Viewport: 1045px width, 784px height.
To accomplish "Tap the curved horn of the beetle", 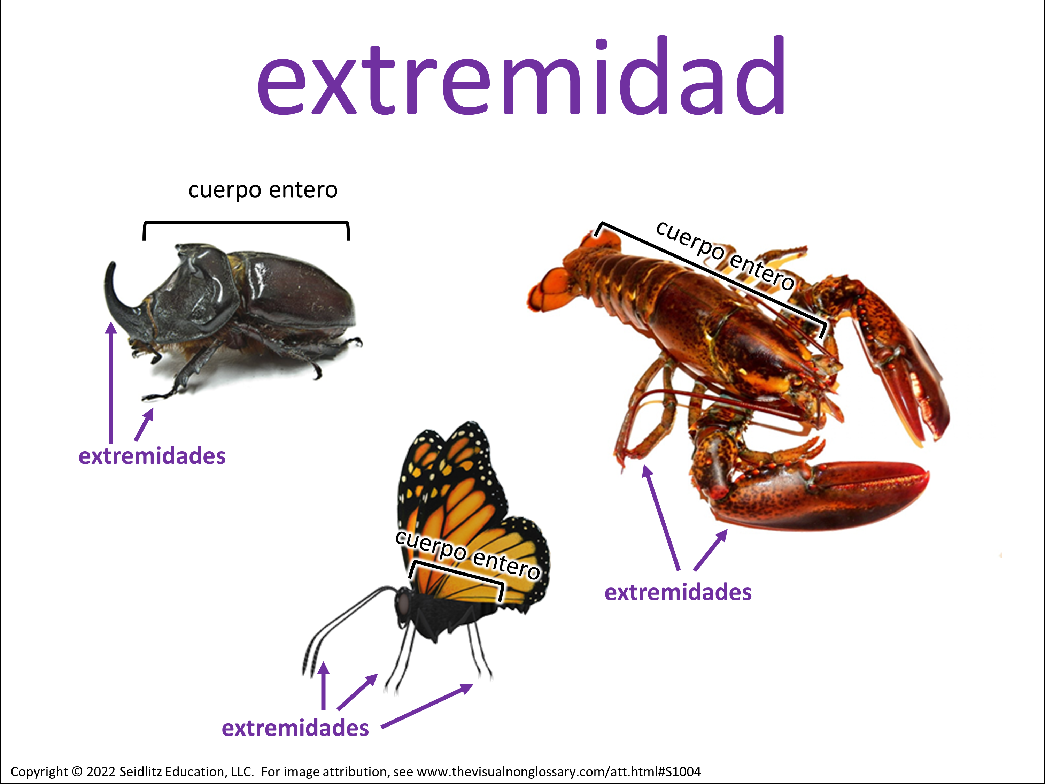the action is pyautogui.click(x=116, y=298).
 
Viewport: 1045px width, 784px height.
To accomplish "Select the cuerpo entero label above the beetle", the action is pyautogui.click(x=263, y=190).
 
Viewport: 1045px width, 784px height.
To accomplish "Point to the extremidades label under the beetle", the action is pyautogui.click(x=152, y=456).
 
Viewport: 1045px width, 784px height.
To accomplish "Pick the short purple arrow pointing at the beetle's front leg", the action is pyautogui.click(x=145, y=424).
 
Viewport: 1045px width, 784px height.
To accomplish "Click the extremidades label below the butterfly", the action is pyautogui.click(x=295, y=728).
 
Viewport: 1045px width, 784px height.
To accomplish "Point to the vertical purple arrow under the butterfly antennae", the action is pyautogui.click(x=323, y=685).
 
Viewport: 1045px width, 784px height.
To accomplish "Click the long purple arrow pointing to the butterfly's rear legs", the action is pyautogui.click(x=427, y=706).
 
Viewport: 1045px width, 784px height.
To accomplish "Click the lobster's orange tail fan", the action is pyautogui.click(x=553, y=288).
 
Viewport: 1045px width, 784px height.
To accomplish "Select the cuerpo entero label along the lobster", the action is pyautogui.click(x=726, y=255).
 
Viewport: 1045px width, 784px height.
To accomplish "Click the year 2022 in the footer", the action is pyautogui.click(x=101, y=772).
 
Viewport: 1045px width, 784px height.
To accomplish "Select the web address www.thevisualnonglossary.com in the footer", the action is pyautogui.click(x=511, y=772).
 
